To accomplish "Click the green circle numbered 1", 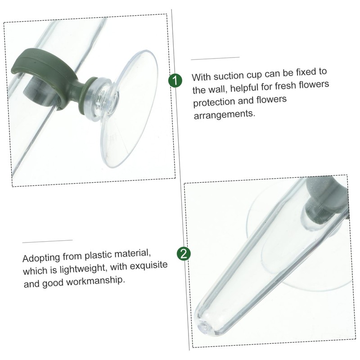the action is click(175, 81).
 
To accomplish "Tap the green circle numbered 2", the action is click(184, 254).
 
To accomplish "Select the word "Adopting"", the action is click(41, 258).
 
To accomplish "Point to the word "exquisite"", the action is click(149, 265).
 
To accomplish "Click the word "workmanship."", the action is click(95, 281).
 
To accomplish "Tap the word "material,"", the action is click(132, 254).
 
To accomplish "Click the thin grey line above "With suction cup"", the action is click(215, 58).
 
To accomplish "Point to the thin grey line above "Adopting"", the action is click(47, 241).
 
